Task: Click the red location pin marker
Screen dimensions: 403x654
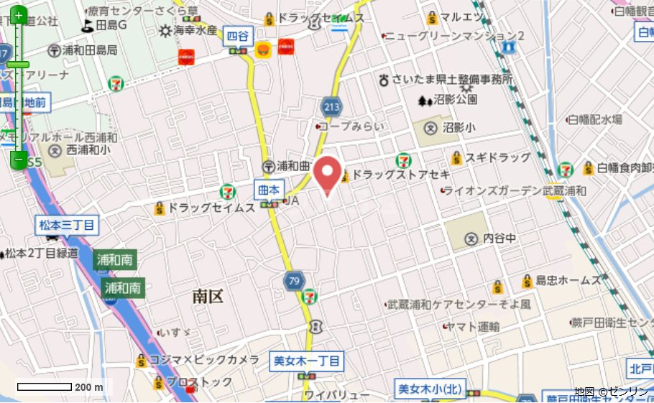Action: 328,172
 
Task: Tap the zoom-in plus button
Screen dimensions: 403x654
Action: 19,15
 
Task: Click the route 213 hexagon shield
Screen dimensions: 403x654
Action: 331,106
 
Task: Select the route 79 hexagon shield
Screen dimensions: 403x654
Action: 293,280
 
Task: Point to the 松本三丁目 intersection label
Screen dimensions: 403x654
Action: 65,226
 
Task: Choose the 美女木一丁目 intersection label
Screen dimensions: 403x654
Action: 307,361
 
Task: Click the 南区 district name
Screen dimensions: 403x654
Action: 208,295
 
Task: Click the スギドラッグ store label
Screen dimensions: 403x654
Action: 497,157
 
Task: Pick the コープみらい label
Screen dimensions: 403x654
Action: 351,126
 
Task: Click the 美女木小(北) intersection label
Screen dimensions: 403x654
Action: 429,389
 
